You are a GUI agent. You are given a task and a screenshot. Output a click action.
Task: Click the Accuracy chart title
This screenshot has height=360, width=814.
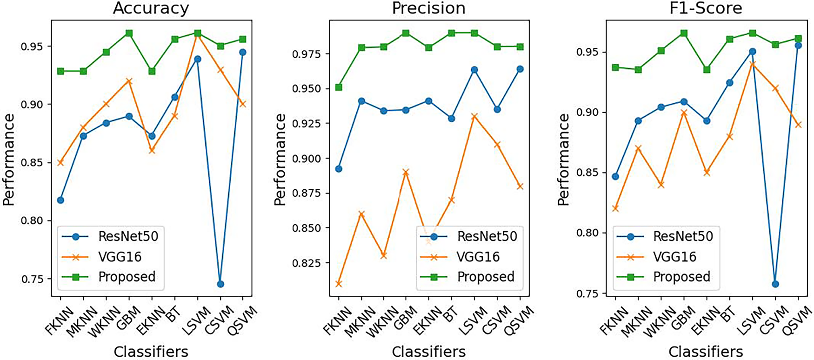[x=151, y=8]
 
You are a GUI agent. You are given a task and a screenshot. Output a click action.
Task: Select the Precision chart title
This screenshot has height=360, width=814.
[x=428, y=8]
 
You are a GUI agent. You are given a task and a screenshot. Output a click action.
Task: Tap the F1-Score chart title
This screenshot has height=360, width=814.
[x=706, y=8]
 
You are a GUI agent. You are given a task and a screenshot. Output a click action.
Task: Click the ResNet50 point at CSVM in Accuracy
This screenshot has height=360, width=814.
[x=220, y=284]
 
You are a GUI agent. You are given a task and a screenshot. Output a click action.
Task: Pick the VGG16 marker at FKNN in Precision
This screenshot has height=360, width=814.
[x=339, y=283]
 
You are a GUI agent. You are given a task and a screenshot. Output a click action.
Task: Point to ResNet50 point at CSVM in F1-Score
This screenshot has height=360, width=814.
[x=775, y=284]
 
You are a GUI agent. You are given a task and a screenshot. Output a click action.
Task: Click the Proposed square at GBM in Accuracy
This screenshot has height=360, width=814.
[x=129, y=33]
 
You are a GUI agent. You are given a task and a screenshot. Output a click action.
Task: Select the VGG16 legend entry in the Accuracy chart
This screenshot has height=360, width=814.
[x=120, y=257]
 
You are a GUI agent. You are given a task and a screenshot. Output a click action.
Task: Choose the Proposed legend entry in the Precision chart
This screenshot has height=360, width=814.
[x=486, y=277]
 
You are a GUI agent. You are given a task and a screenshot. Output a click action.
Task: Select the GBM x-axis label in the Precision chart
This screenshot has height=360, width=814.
[x=403, y=318]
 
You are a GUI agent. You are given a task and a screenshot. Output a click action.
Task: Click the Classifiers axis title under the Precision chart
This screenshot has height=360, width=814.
[x=428, y=352]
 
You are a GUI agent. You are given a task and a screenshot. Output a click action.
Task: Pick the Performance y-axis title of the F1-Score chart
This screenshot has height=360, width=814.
[x=563, y=160]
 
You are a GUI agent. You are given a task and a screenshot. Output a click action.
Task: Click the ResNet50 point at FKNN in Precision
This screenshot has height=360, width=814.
[x=339, y=169]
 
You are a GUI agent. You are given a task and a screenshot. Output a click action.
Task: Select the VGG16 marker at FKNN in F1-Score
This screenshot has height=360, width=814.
[x=615, y=208]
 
